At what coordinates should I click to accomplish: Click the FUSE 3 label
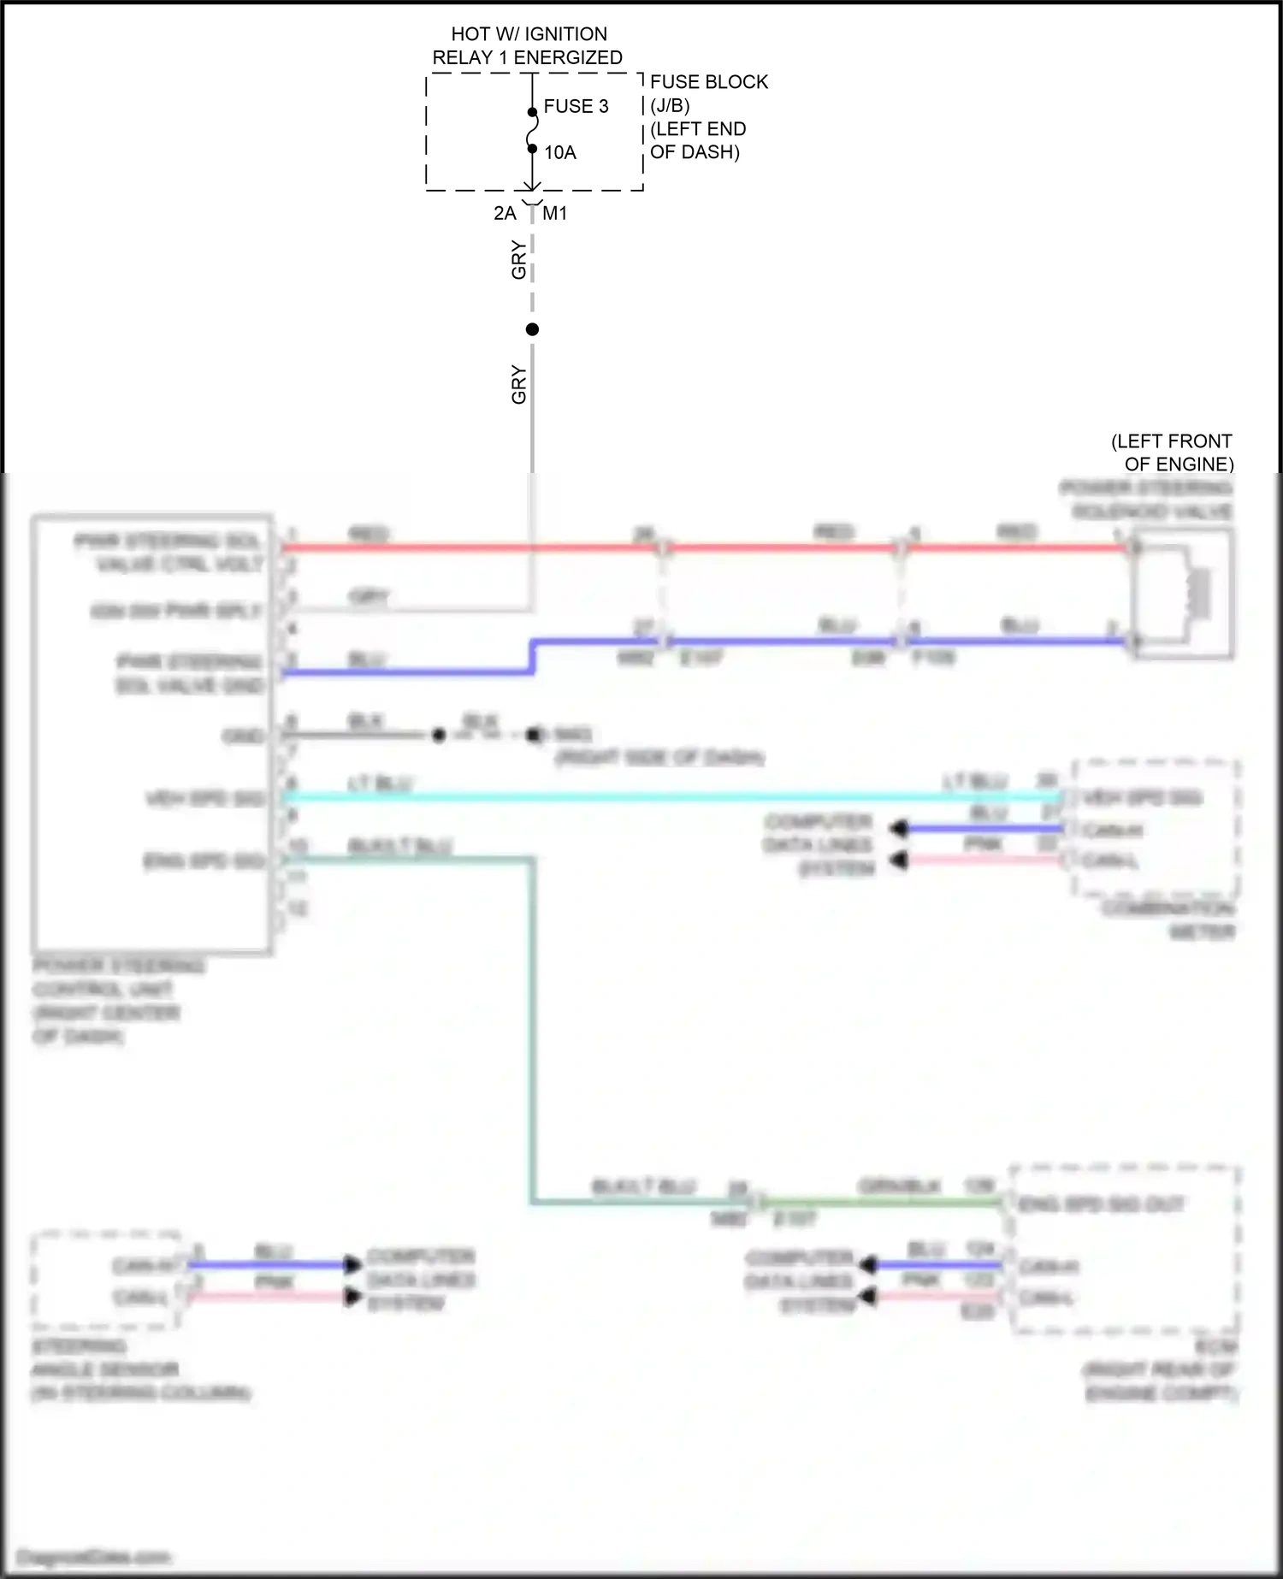coord(576,106)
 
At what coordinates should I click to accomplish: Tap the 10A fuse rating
coord(560,152)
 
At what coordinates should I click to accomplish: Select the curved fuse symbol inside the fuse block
coord(532,131)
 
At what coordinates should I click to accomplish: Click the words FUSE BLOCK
coord(709,82)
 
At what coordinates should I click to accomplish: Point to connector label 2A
coord(505,213)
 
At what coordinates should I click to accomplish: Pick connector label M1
coord(555,213)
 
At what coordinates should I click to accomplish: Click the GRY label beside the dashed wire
coord(518,260)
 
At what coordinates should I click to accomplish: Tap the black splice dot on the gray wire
coord(532,329)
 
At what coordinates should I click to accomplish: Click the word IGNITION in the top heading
coord(565,34)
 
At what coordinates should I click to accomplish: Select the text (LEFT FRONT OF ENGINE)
coord(1173,452)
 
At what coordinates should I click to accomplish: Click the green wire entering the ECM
coord(881,1202)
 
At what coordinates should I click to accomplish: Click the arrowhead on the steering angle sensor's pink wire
coord(352,1297)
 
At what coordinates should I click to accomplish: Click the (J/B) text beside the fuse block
coord(670,105)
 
